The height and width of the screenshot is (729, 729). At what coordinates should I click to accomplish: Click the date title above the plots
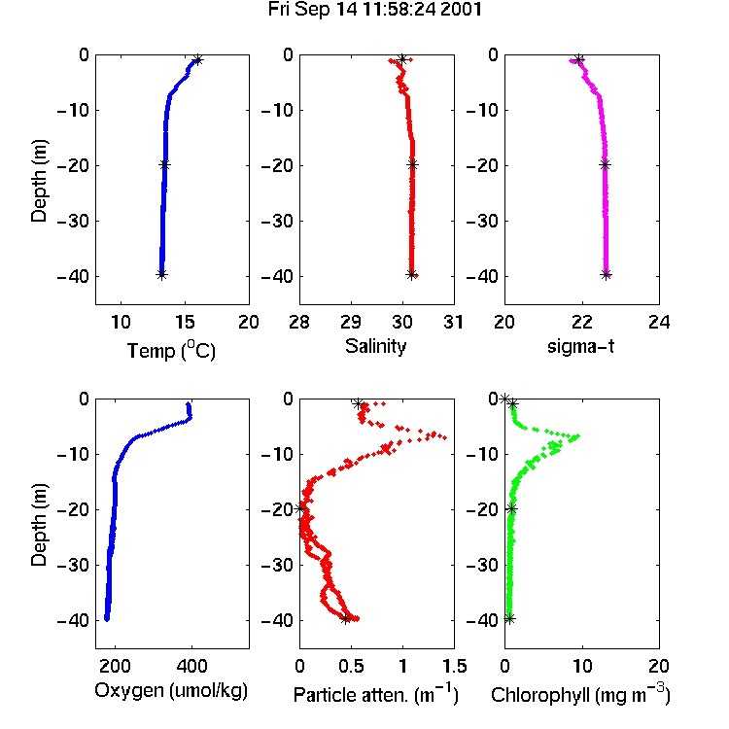[375, 10]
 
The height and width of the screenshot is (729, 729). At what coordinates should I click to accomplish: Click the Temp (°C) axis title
[171, 350]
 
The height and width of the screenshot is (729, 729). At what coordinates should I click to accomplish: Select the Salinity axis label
[375, 346]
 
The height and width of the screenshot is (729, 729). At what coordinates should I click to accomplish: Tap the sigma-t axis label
[580, 346]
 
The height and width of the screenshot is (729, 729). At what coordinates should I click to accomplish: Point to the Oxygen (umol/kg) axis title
[171, 691]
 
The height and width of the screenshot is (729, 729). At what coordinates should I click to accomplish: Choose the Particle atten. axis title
[376, 694]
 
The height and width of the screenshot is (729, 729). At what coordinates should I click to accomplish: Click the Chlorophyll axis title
[580, 694]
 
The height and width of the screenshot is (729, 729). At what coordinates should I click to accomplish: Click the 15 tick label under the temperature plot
[185, 322]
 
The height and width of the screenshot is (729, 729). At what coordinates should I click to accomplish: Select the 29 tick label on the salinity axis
[351, 322]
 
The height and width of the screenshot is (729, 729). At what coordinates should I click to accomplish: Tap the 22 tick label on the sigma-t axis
[581, 322]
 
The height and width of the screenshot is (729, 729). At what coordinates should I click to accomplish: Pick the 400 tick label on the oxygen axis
[191, 666]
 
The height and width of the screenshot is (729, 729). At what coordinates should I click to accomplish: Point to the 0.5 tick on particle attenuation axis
[351, 666]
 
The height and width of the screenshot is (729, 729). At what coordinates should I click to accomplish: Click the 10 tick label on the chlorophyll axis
[581, 666]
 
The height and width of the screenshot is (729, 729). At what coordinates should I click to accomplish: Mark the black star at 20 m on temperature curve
[164, 164]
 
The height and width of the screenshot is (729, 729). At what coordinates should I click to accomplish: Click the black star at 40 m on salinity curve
[411, 275]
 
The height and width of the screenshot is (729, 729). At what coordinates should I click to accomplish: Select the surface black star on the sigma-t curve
[579, 59]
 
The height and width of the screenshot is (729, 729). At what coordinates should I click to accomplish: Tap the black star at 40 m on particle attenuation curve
[345, 618]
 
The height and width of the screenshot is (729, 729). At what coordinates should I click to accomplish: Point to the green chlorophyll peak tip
[578, 435]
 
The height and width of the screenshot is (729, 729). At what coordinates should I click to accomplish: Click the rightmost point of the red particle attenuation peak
[445, 438]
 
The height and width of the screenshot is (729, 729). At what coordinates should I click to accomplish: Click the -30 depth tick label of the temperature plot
[73, 221]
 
